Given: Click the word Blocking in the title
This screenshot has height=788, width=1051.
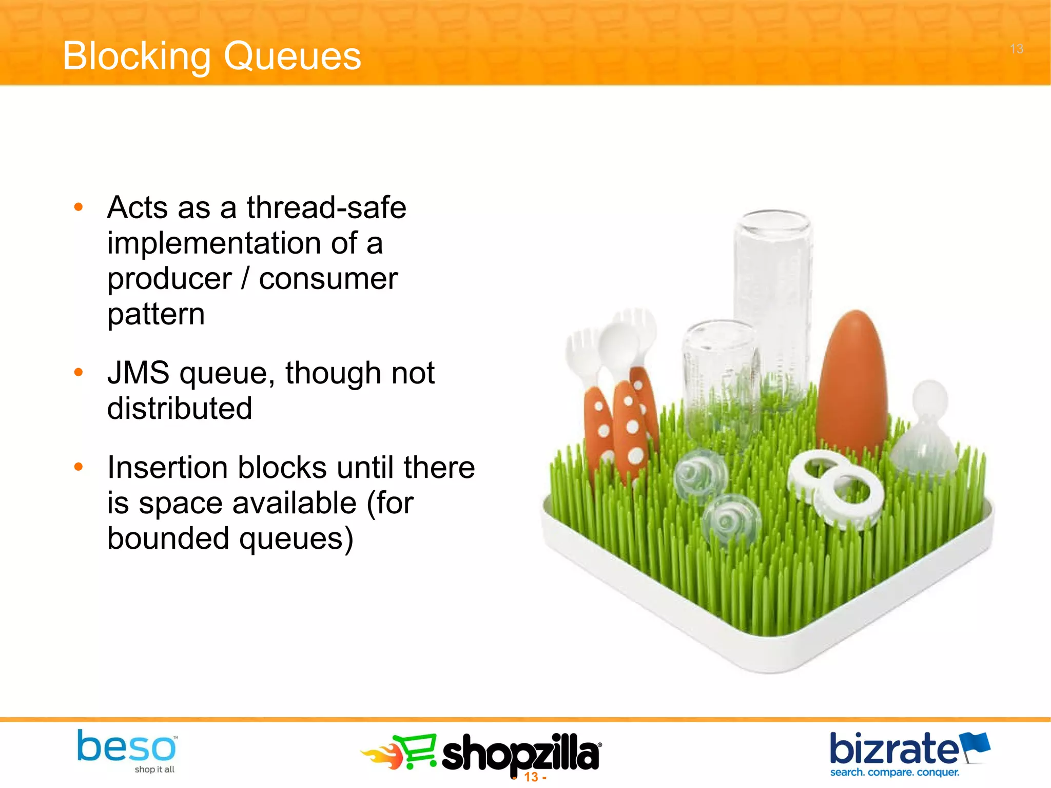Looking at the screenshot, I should (x=137, y=56).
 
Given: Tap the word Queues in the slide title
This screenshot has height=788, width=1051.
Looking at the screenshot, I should (x=293, y=56).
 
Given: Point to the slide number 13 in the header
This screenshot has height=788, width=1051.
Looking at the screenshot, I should (x=1017, y=49).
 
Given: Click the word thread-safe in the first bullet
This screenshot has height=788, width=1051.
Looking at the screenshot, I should (x=326, y=208).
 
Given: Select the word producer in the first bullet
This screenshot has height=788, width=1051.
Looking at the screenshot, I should (x=169, y=280).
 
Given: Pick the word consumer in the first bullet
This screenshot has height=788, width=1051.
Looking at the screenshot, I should (x=328, y=280).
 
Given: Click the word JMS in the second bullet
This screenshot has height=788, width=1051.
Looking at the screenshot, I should (x=138, y=373).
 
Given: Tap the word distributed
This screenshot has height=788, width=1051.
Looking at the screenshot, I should (x=180, y=409).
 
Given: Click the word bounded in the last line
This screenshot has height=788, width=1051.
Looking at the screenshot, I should (x=168, y=539).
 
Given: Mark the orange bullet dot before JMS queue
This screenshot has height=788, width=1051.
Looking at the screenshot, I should (x=79, y=372).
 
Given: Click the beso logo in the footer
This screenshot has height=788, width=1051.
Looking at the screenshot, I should (x=126, y=747).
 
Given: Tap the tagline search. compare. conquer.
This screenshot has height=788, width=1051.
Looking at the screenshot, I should (x=894, y=773).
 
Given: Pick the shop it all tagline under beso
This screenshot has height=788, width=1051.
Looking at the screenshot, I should (x=154, y=770).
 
